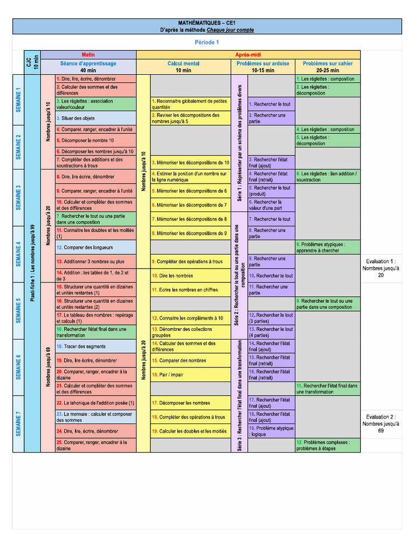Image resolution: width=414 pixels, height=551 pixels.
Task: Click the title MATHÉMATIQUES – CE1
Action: point(207,23)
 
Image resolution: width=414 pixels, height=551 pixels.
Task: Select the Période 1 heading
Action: point(207,42)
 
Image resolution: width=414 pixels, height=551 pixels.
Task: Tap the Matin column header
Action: point(88,55)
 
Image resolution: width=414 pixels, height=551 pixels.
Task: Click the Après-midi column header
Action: point(248,55)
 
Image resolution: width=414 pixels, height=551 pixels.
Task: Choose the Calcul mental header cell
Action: point(183,67)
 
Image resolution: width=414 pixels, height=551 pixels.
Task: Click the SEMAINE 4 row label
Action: point(18,254)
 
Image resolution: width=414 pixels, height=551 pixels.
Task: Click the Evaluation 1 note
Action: point(381,268)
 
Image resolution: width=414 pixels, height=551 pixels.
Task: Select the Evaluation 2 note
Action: point(381,423)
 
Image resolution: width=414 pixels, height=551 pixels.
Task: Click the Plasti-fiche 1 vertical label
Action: point(33,263)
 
